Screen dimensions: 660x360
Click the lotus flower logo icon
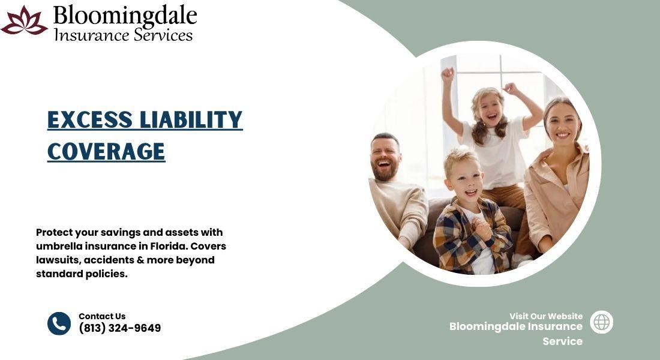tap(24, 20)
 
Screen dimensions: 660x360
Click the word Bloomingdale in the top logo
tap(125, 16)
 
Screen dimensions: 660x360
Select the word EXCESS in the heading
tap(89, 119)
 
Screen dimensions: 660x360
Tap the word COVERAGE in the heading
tap(106, 152)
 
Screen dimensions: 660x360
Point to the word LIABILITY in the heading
tap(191, 119)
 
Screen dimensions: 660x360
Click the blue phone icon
tap(59, 323)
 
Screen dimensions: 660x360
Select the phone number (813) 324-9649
tap(120, 328)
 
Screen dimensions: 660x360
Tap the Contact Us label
tap(102, 316)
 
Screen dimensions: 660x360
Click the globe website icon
tap(601, 322)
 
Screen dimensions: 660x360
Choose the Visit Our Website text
tap(546, 316)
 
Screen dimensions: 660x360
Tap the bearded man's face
tap(385, 158)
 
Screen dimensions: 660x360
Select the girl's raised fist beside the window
tap(448, 74)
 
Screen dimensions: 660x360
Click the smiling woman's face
tap(562, 124)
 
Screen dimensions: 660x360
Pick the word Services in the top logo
tap(163, 35)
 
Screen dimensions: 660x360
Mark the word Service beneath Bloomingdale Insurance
tap(562, 341)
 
